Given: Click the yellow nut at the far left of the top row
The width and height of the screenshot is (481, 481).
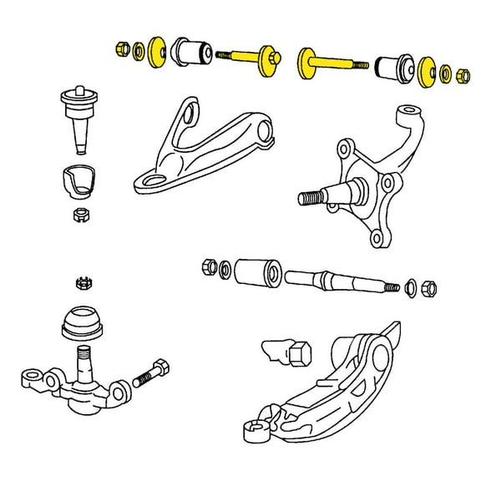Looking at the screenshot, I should pos(121,48).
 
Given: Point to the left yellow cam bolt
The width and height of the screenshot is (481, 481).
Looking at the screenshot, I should pos(251,58).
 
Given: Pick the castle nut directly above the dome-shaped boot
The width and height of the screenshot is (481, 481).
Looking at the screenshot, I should pos(84,282).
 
